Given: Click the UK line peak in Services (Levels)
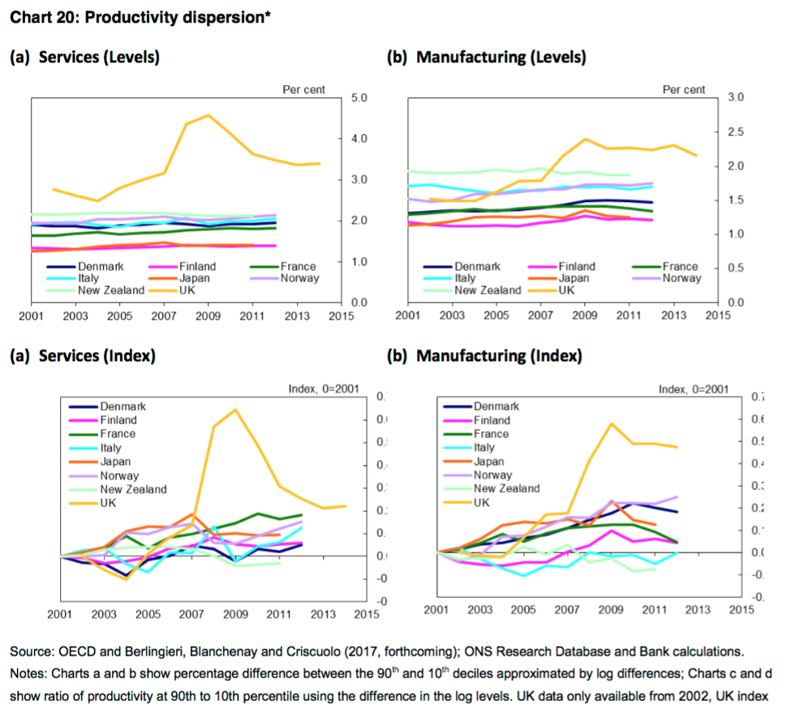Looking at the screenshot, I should (x=209, y=115).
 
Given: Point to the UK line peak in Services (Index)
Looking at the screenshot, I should (x=234, y=410).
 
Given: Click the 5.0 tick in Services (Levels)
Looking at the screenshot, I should (x=359, y=98).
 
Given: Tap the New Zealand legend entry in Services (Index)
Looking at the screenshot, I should (x=133, y=489).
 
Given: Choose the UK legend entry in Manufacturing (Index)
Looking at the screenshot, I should (x=482, y=503).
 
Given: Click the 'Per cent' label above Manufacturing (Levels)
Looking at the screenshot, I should (x=683, y=89).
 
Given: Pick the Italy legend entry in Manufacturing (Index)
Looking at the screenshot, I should (x=484, y=447).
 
